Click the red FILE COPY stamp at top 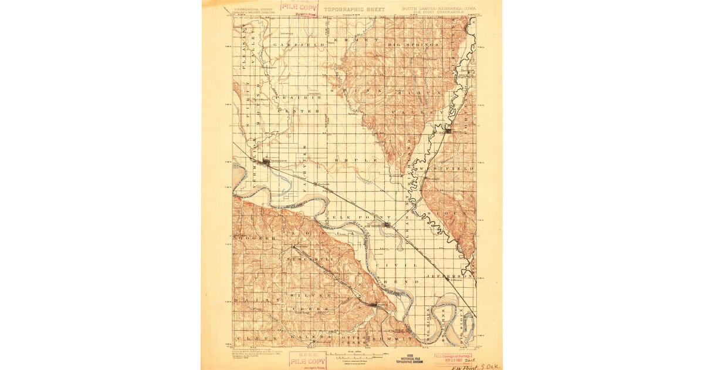pyautogui.click(x=299, y=7)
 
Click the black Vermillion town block pyautogui.click(x=267, y=160)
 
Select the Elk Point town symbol pyautogui.click(x=388, y=224)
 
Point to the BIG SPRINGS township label pyautogui.click(x=414, y=45)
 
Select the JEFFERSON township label pyautogui.click(x=453, y=275)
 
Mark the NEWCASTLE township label pyautogui.click(x=311, y=258)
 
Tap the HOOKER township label pyautogui.click(x=256, y=238)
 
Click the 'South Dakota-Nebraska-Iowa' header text pyautogui.click(x=431, y=9)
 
